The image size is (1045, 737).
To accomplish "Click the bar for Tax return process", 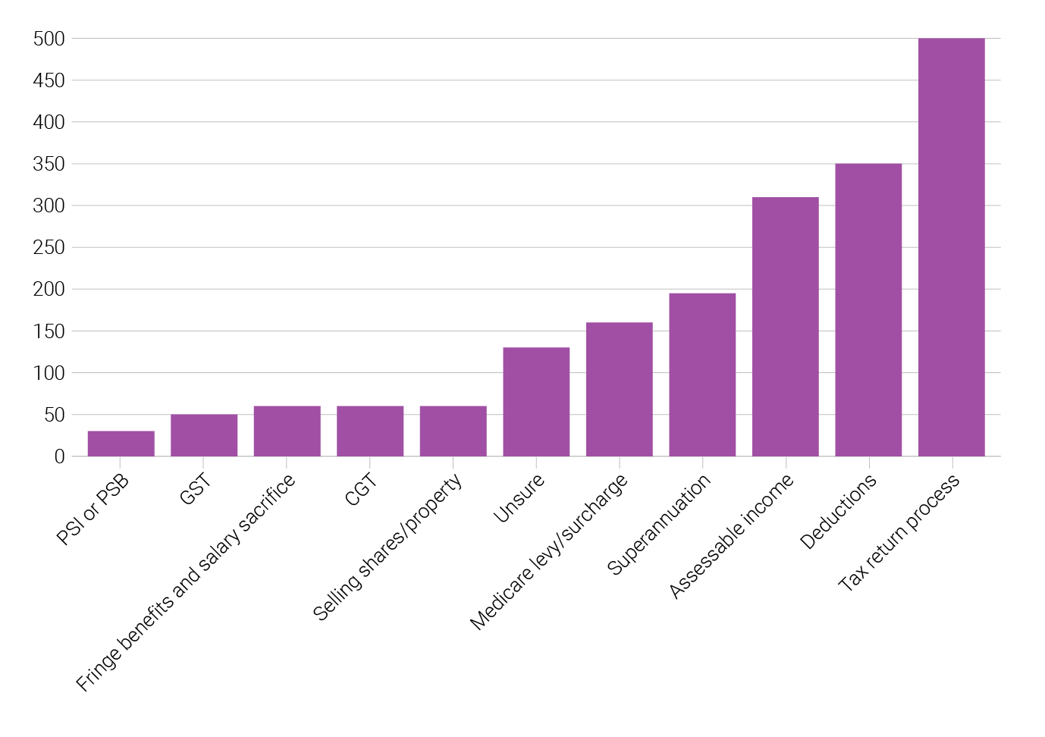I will pyautogui.click(x=951, y=247).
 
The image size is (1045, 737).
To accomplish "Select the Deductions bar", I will pyautogui.click(x=868, y=310).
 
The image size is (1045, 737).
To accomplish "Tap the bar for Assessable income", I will pyautogui.click(x=785, y=327).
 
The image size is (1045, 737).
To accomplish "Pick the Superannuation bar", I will pyautogui.click(x=702, y=375).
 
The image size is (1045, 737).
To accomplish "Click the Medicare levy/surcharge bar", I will pyautogui.click(x=619, y=390).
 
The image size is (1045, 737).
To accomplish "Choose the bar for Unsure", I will pyautogui.click(x=536, y=402).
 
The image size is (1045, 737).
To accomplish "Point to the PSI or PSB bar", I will pyautogui.click(x=121, y=444).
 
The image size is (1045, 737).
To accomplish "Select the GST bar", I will pyautogui.click(x=204, y=435).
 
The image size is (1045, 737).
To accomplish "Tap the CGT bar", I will pyautogui.click(x=370, y=431).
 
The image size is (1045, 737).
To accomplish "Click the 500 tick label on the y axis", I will pyautogui.click(x=49, y=39).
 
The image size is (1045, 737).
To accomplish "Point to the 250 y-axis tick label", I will pyautogui.click(x=49, y=248).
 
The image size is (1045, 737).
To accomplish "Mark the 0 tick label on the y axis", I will pyautogui.click(x=59, y=457).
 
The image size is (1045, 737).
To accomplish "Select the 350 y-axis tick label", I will pyautogui.click(x=49, y=165).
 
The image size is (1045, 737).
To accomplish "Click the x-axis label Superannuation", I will pyautogui.click(x=659, y=524).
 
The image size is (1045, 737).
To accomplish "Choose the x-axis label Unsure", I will pyautogui.click(x=519, y=498).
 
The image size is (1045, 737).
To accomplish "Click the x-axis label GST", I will pyautogui.click(x=195, y=490).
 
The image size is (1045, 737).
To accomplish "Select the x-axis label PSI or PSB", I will pyautogui.click(x=93, y=510).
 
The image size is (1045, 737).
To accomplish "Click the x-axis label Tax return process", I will pyautogui.click(x=899, y=533).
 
